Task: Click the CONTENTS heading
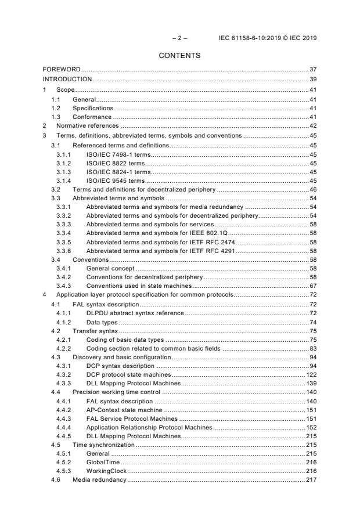click(x=180, y=56)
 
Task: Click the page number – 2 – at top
click(x=180, y=38)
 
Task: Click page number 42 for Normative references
click(x=312, y=125)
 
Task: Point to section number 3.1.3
click(x=64, y=172)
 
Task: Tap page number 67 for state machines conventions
click(x=312, y=286)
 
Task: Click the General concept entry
click(x=110, y=269)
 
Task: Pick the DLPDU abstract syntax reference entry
click(x=135, y=313)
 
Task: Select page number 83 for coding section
click(x=312, y=348)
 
